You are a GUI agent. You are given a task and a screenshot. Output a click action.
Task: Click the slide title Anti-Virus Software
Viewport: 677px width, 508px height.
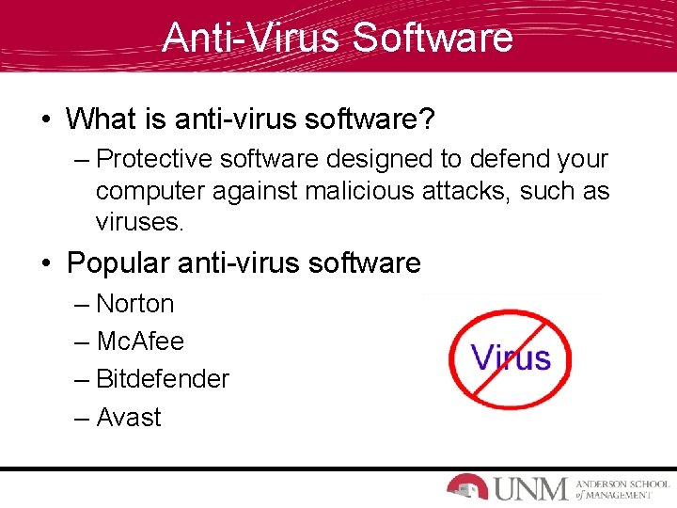(x=338, y=37)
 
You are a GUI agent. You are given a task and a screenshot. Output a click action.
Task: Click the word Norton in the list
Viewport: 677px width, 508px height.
(x=135, y=304)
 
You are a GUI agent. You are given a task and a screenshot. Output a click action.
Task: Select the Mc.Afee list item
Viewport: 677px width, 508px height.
(x=140, y=341)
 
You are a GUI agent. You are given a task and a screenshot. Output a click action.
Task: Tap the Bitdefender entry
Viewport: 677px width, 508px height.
(x=163, y=379)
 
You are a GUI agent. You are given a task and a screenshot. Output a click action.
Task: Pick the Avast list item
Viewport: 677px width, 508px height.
(x=129, y=418)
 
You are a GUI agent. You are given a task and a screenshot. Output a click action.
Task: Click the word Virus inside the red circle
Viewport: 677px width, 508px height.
(x=511, y=357)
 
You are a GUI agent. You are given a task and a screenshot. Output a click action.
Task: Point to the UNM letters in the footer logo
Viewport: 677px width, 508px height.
(x=531, y=488)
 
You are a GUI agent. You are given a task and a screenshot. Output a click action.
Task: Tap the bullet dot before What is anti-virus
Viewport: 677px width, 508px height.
(x=45, y=119)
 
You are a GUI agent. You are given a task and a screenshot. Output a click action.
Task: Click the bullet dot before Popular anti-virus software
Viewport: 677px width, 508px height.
(x=45, y=263)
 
